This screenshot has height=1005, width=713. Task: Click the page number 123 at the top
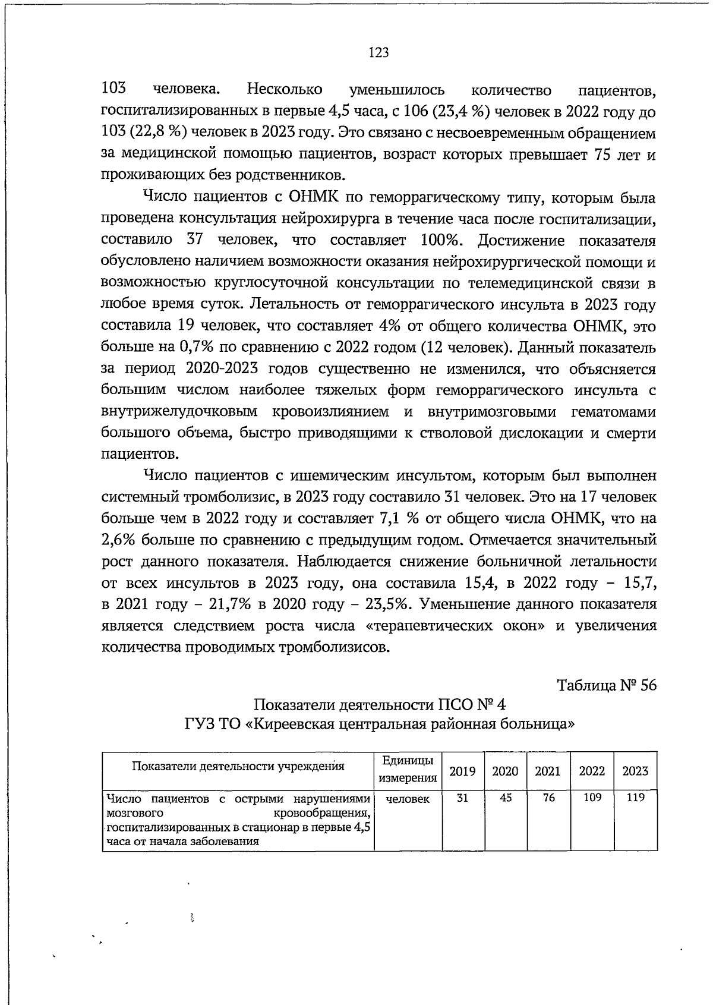(378, 53)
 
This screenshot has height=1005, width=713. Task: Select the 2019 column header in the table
(462, 771)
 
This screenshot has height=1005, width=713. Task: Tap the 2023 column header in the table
(635, 771)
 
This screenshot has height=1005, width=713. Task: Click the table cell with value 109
(592, 798)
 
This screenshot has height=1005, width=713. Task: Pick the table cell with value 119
(635, 798)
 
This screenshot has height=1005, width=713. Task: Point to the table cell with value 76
(548, 798)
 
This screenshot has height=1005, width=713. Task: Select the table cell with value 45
(506, 798)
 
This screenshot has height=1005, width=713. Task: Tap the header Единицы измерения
(408, 770)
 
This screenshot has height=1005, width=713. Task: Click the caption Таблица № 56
(607, 685)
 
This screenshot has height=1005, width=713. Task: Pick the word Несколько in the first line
(285, 90)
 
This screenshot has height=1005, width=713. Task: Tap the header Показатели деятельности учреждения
(238, 766)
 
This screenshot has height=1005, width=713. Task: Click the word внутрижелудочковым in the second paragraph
(179, 412)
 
